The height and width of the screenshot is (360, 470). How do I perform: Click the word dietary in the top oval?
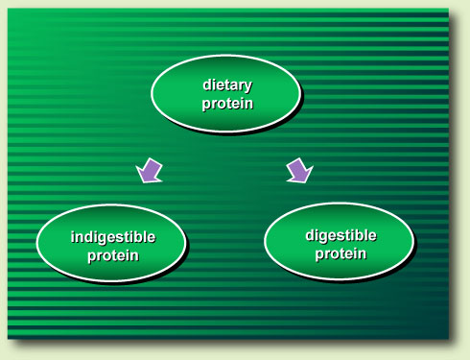point(226,84)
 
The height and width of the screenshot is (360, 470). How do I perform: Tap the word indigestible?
point(112,238)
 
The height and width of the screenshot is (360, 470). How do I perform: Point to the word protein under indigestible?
point(112,255)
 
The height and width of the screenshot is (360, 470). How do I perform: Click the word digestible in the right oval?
point(341,235)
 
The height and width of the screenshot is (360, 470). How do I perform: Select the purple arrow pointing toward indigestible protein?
point(151,171)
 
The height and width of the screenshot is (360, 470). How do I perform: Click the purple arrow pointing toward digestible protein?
point(300,170)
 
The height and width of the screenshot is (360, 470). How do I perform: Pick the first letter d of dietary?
point(206,84)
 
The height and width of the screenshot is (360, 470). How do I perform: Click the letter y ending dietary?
point(248,86)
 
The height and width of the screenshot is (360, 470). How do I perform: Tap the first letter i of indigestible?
point(73,238)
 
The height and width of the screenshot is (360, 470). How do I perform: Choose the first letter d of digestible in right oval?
point(309,235)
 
